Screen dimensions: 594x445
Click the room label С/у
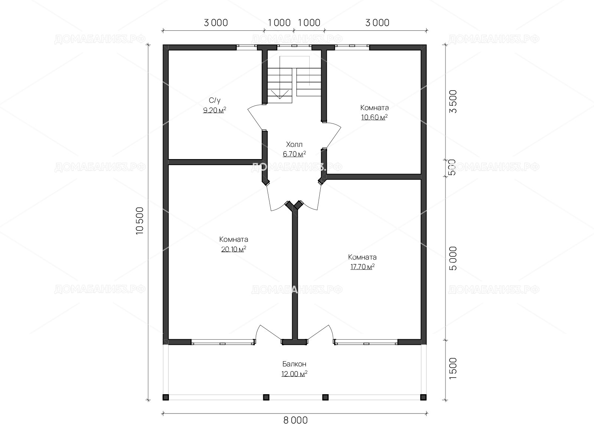[215, 100]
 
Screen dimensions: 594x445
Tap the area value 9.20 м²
[215, 110]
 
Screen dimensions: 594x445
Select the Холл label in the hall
[294, 144]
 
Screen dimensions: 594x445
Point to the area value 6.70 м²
[294, 154]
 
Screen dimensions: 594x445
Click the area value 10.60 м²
[374, 117]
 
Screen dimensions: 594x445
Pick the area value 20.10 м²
[234, 249]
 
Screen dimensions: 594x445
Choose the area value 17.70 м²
[362, 267]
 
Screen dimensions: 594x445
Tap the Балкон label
[294, 364]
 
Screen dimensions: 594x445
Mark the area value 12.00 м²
[294, 374]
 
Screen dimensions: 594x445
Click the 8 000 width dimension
[296, 421]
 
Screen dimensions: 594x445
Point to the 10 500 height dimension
[140, 221]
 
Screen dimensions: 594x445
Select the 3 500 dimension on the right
[453, 102]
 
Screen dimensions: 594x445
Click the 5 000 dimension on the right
[453, 258]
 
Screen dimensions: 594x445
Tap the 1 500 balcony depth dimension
[453, 369]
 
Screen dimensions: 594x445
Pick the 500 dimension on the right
[453, 168]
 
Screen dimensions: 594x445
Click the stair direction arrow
[280, 94]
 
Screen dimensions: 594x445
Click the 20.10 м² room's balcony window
[223, 342]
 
